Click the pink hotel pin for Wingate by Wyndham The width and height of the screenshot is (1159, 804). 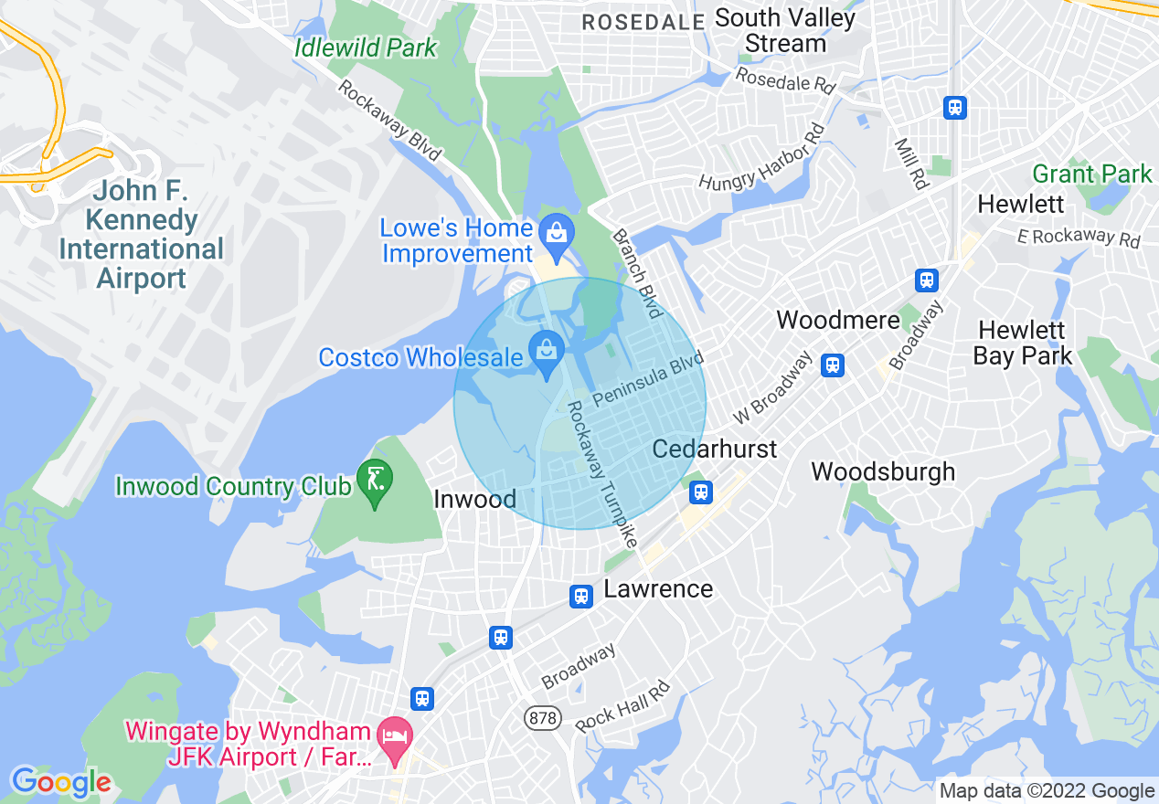click(395, 736)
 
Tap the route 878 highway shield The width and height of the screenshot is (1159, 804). click(542, 718)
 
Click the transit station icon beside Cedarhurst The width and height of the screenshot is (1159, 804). click(701, 492)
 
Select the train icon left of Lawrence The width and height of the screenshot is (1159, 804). click(581, 597)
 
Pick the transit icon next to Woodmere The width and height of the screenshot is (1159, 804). click(832, 365)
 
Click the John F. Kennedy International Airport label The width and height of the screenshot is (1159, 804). click(141, 235)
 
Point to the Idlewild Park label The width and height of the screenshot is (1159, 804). click(366, 48)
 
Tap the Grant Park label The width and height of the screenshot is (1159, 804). click(1092, 173)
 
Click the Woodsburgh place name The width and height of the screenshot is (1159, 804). click(883, 471)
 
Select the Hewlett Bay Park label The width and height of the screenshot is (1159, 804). click(1022, 343)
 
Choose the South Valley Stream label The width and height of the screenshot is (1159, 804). click(785, 30)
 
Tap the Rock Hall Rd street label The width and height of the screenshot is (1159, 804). click(622, 707)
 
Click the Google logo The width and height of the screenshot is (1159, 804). click(61, 782)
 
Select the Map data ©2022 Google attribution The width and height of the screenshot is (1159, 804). click(1047, 791)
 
